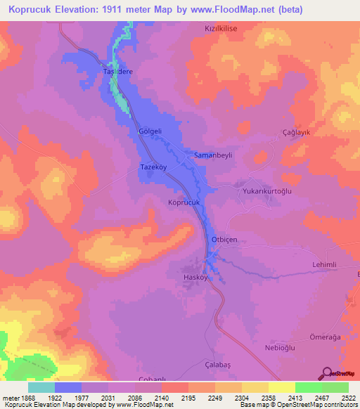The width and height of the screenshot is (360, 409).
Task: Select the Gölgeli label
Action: [x=150, y=131]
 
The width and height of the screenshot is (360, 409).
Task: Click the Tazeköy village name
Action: [x=153, y=169]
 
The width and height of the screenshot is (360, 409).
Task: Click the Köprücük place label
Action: [x=185, y=202]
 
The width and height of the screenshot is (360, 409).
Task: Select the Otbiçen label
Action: [x=226, y=240]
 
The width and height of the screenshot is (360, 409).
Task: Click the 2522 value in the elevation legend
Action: [x=348, y=398]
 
